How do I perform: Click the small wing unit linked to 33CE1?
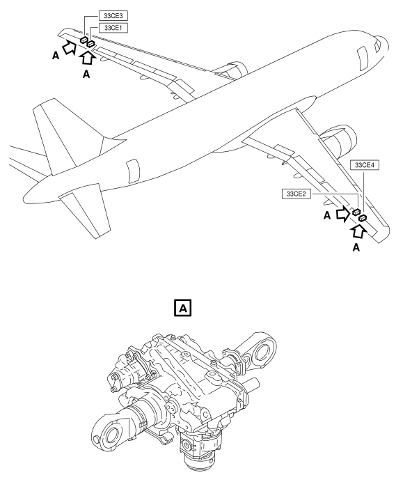click(90, 46)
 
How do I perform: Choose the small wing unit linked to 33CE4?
click(362, 219)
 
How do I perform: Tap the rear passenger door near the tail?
click(133, 168)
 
